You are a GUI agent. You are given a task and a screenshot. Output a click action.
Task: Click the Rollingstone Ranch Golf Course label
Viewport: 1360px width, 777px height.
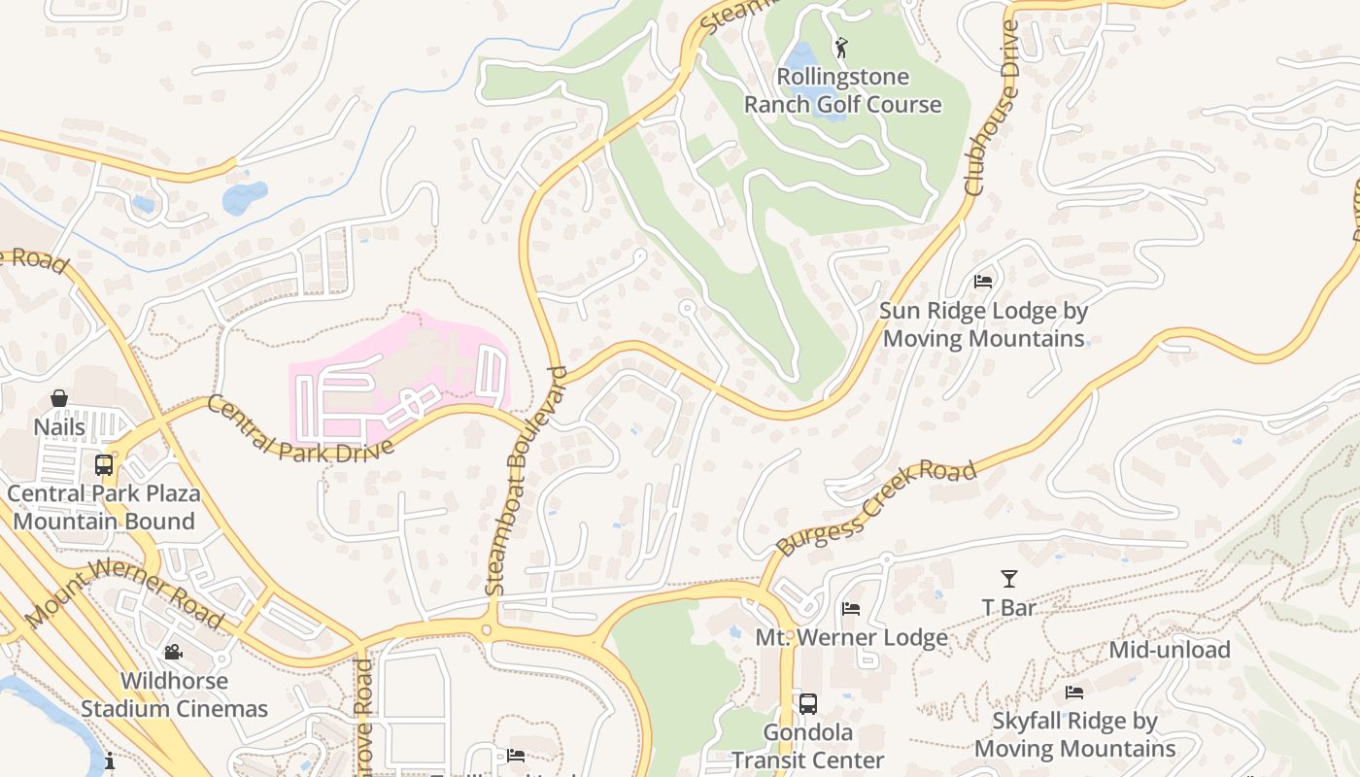pyautogui.click(x=842, y=90)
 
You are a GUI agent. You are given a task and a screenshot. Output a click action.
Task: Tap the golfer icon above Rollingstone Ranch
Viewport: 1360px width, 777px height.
pyautogui.click(x=841, y=47)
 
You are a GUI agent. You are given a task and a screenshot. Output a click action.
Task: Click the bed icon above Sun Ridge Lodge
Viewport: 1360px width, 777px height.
pyautogui.click(x=983, y=282)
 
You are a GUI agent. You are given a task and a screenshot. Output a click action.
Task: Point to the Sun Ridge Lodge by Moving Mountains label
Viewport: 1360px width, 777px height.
pyautogui.click(x=983, y=324)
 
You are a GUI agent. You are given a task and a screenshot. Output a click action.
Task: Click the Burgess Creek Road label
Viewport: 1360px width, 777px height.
pyautogui.click(x=876, y=508)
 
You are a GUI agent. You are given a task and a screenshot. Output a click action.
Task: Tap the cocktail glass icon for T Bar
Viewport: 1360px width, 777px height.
pyautogui.click(x=1009, y=579)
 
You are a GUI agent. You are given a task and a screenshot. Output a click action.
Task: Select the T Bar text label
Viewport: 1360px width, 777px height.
pyautogui.click(x=1009, y=608)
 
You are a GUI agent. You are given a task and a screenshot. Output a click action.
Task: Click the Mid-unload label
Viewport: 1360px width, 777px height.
pyautogui.click(x=1170, y=649)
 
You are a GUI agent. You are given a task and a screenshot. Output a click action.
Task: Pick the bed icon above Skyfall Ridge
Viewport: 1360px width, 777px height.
pyautogui.click(x=1074, y=693)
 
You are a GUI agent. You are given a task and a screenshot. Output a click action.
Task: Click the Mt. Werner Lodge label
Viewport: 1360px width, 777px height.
pyautogui.click(x=851, y=638)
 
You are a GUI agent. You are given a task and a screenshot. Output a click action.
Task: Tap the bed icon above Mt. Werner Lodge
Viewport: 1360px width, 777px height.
pyautogui.click(x=851, y=609)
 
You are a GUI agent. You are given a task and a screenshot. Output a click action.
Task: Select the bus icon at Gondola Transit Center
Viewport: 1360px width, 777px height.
pyautogui.click(x=807, y=703)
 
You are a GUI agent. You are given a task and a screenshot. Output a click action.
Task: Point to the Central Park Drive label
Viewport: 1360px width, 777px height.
pyautogui.click(x=300, y=428)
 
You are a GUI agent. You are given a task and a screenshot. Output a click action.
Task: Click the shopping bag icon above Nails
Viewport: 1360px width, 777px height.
pyautogui.click(x=59, y=398)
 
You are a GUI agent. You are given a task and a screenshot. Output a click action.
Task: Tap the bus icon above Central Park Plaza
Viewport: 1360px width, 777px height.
pyautogui.click(x=104, y=464)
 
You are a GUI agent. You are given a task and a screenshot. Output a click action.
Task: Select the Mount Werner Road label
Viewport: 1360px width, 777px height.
pyautogui.click(x=124, y=592)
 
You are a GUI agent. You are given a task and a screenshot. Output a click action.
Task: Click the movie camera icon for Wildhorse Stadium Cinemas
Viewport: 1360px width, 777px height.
pyautogui.click(x=173, y=652)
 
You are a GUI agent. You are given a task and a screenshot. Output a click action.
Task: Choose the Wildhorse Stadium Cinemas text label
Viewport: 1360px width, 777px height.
pyautogui.click(x=174, y=694)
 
